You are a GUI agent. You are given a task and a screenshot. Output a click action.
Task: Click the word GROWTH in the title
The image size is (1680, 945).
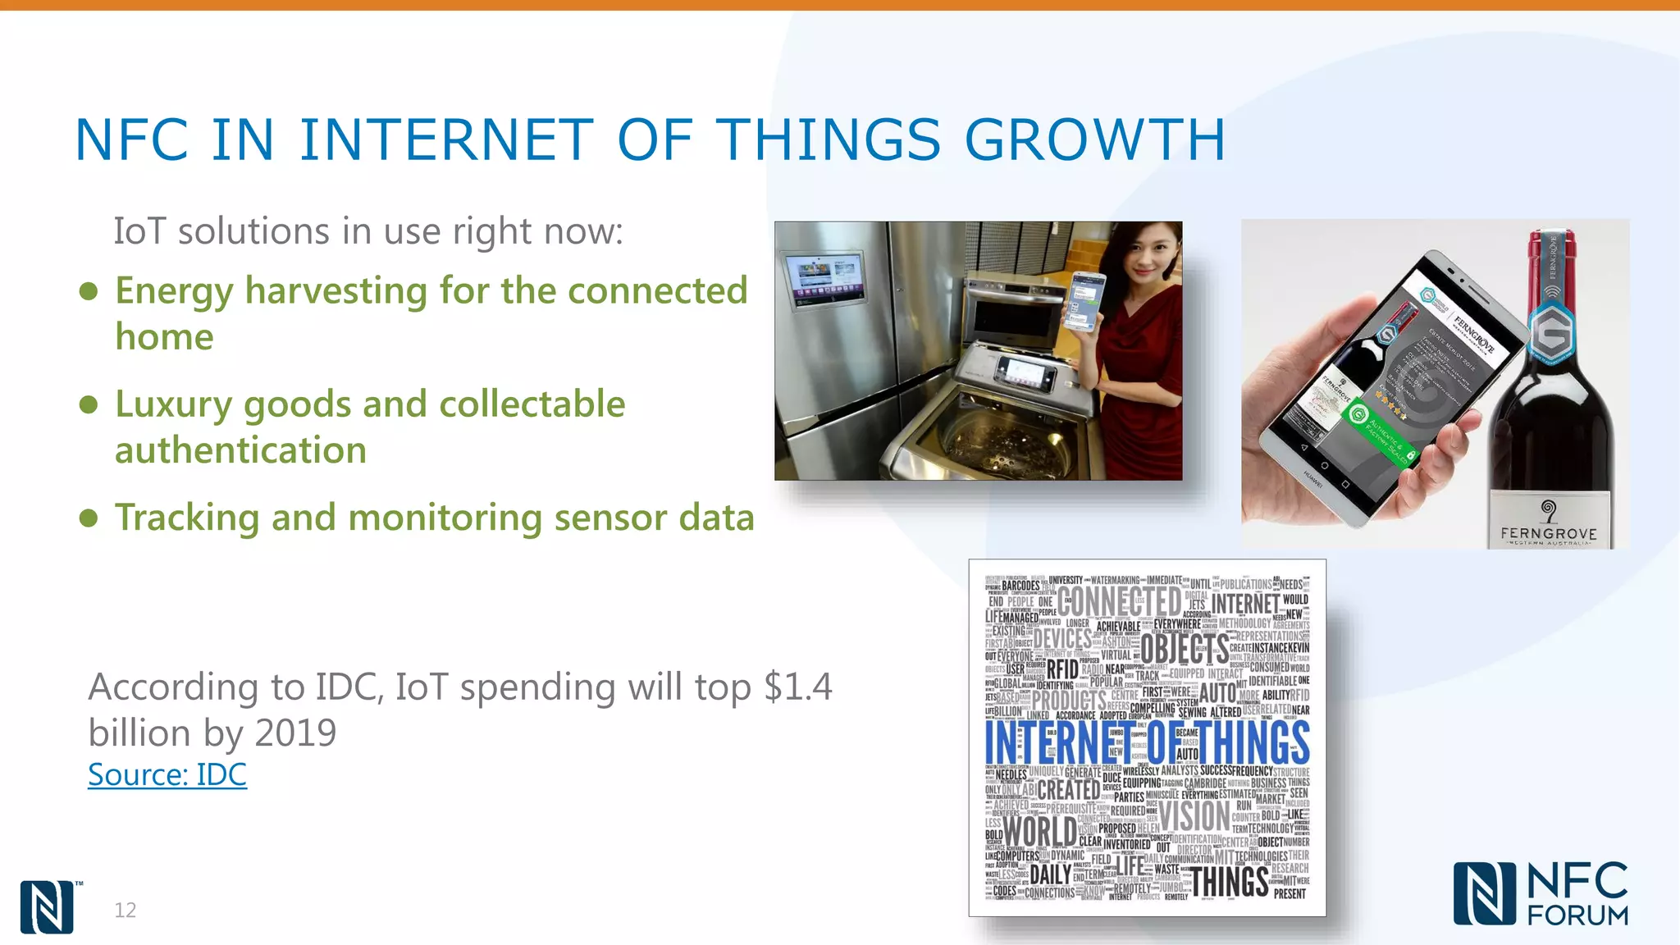click(x=1094, y=139)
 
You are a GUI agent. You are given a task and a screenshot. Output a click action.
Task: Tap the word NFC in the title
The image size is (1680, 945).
click(x=131, y=139)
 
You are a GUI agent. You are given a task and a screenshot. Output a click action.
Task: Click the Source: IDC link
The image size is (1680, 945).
click(x=167, y=774)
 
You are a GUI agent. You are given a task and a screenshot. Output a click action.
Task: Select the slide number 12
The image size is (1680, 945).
click(x=125, y=910)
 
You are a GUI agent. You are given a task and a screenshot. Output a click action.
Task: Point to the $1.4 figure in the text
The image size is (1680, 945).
click(x=797, y=687)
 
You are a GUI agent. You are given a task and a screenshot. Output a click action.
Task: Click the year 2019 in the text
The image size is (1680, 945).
click(x=295, y=733)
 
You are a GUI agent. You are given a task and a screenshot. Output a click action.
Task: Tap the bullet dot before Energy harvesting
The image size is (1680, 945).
click(x=89, y=291)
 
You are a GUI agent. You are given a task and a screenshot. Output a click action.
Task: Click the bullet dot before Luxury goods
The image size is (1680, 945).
click(x=89, y=404)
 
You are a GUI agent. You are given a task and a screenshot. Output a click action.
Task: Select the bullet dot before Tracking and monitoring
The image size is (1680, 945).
click(x=89, y=518)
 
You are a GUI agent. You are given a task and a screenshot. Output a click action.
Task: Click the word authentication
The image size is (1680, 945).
click(x=240, y=450)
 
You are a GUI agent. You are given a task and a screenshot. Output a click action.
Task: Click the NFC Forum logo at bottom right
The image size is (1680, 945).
click(x=1541, y=893)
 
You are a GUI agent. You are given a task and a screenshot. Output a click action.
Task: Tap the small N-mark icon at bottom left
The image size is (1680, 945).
click(x=47, y=906)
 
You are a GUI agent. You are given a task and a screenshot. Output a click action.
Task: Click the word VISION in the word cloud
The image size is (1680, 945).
click(x=1194, y=816)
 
